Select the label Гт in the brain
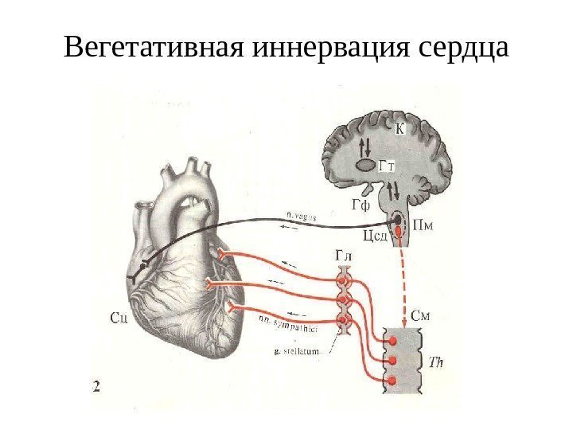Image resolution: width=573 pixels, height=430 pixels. coord(388,165)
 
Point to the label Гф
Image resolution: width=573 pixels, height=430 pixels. coord(361,205)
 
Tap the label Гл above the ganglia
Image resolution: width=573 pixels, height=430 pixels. coord(343,255)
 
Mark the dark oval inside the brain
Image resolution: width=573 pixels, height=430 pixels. coord(365,166)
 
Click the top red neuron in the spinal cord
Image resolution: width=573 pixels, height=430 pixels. coord(392,342)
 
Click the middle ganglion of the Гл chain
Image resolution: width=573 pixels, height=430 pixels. coord(344,301)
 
